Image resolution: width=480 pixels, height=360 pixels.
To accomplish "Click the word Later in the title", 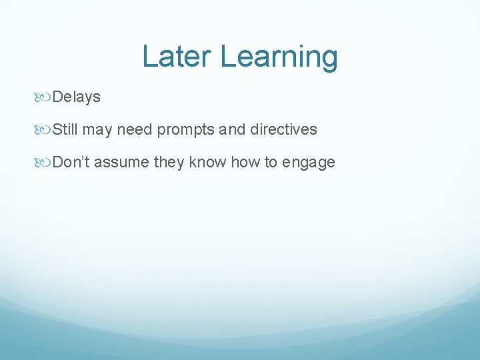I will click(x=178, y=57).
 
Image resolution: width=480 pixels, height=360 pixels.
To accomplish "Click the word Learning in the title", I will click(x=279, y=58).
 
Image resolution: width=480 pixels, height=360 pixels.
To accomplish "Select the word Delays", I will click(x=77, y=97).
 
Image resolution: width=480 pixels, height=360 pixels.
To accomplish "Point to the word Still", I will click(x=65, y=130).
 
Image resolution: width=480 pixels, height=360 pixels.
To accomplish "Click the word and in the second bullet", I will click(x=233, y=130).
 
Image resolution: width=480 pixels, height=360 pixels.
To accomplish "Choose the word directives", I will click(x=284, y=130).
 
